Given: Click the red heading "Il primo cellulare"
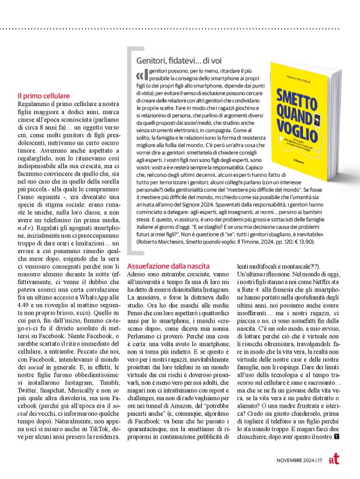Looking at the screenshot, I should click(x=43, y=96).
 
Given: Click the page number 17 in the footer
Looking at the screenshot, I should click(x=320, y=460).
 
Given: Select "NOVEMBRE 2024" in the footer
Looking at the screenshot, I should click(x=295, y=460).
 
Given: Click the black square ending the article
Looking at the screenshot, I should click(x=336, y=437).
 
